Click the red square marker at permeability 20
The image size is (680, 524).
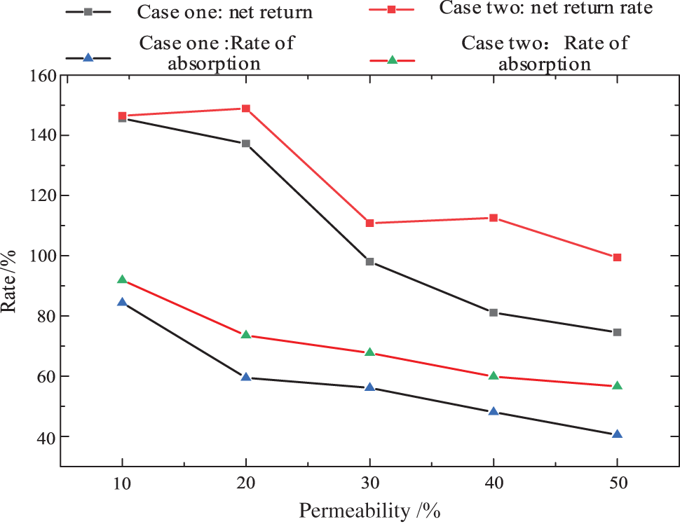tap(246, 109)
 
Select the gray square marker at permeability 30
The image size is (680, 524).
tap(369, 262)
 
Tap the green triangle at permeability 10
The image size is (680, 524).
tap(122, 280)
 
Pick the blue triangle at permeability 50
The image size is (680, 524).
tap(617, 434)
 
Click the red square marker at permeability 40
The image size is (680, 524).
tap(494, 218)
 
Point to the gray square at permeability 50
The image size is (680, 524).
tap(617, 332)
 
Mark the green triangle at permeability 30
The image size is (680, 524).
tap(369, 352)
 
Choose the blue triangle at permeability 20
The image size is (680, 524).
tap(246, 377)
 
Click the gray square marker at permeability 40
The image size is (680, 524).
tap(494, 312)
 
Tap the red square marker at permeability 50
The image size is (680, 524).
tap(617, 257)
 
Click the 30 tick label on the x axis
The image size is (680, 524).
tap(369, 483)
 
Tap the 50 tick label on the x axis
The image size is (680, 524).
tap(617, 483)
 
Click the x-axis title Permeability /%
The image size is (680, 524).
tap(369, 511)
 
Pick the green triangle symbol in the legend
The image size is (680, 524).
tap(393, 60)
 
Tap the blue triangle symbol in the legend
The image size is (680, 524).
tap(88, 58)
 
